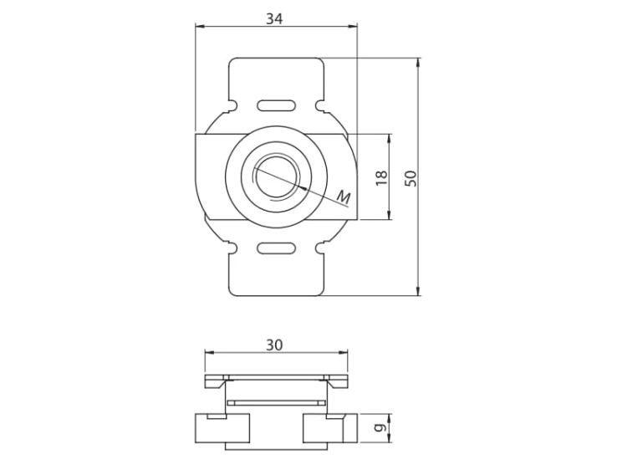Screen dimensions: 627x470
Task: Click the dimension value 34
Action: [x=275, y=18]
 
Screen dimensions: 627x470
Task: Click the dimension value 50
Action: [x=410, y=178]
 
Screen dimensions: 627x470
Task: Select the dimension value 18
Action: [x=382, y=177]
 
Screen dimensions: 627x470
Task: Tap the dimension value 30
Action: [x=275, y=345]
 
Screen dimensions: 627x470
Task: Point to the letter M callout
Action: [x=344, y=197]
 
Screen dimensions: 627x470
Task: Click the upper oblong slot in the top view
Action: [x=277, y=105]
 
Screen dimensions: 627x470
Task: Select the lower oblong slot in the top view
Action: [x=277, y=248]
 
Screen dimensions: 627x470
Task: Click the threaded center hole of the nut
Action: [x=276, y=176]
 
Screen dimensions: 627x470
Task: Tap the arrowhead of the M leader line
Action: [x=303, y=187]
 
